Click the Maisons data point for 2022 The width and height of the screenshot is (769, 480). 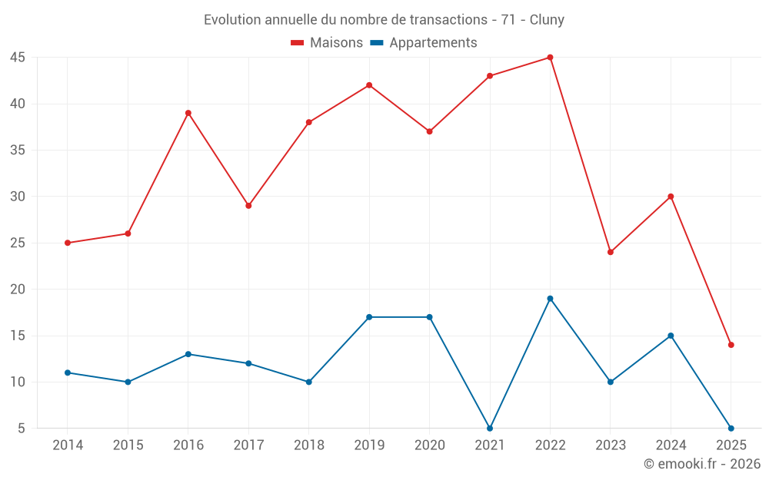(x=550, y=58)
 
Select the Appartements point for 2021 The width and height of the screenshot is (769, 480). (x=490, y=428)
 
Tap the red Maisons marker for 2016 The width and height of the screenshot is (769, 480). (x=188, y=113)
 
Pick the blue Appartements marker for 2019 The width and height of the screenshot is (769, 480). (x=369, y=317)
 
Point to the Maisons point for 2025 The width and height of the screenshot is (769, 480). (x=731, y=345)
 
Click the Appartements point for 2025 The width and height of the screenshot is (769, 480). (x=731, y=428)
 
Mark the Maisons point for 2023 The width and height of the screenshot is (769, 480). (x=611, y=252)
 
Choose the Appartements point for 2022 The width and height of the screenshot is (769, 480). (x=550, y=299)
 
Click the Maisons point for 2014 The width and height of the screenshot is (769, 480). (x=68, y=243)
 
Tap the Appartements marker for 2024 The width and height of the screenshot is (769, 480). (x=671, y=336)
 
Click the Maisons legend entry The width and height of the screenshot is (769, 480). (x=327, y=43)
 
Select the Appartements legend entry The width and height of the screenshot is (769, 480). (x=424, y=43)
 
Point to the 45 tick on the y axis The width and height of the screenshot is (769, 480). (x=18, y=58)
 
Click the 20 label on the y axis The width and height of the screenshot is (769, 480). (x=18, y=290)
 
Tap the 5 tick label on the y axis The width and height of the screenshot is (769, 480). (x=22, y=428)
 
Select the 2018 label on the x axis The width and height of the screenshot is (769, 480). (x=308, y=445)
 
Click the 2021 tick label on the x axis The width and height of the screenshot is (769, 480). (x=490, y=445)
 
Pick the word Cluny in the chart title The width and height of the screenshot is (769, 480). (x=547, y=20)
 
